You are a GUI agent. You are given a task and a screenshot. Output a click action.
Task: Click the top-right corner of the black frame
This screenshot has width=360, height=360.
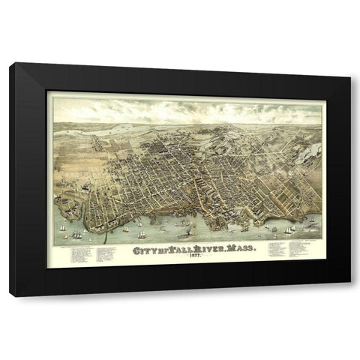[x=349, y=64]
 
